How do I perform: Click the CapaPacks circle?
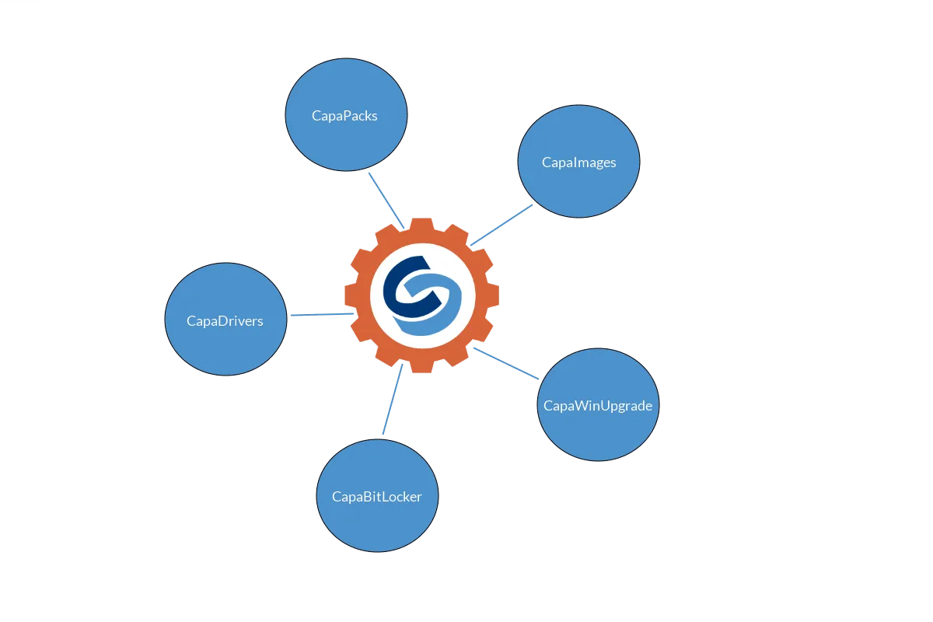346,114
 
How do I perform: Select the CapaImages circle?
578,161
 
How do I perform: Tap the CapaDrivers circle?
225,319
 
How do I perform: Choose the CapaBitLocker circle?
377,496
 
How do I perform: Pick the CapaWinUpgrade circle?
598,404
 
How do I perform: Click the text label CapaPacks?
344,116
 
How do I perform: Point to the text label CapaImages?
578,162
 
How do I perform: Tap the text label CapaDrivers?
225,321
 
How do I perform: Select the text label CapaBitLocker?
377,497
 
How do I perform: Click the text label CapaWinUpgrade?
598,406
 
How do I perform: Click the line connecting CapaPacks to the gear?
386,201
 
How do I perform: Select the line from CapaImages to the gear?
501,225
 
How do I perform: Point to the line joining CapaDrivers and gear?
322,315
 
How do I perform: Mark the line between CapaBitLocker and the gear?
393,399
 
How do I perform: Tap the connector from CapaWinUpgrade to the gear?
506,364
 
